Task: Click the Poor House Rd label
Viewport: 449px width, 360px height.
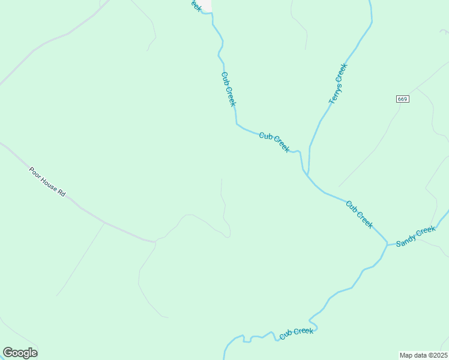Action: (x=47, y=182)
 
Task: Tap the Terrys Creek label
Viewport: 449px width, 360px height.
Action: (x=338, y=84)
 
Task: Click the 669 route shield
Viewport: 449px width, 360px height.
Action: (x=403, y=98)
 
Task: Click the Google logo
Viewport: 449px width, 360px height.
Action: (x=20, y=353)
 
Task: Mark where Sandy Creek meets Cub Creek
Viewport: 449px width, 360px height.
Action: (x=387, y=245)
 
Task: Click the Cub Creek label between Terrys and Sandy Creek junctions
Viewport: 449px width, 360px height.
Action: (x=360, y=214)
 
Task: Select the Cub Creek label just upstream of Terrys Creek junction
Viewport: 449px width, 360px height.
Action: (x=274, y=142)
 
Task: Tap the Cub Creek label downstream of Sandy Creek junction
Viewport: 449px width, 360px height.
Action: (x=297, y=332)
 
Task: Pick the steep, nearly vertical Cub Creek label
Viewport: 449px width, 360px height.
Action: (x=229, y=89)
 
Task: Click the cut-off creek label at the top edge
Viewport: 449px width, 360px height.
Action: (x=194, y=5)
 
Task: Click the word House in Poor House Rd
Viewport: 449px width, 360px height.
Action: (x=49, y=183)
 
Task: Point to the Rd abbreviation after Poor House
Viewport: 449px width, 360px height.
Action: (x=61, y=193)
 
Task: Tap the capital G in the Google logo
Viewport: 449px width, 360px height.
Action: (x=8, y=352)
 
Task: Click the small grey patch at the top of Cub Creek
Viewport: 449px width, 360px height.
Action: (x=206, y=5)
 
